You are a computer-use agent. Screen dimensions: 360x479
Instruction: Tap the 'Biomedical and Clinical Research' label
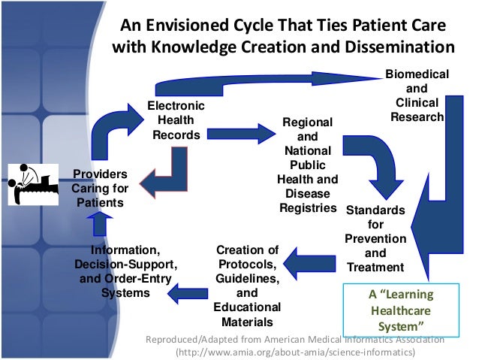[x=417, y=96]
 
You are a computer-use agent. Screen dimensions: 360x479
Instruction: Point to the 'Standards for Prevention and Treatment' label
[x=375, y=238]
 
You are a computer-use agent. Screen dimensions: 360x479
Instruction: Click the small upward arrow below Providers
[x=101, y=224]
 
